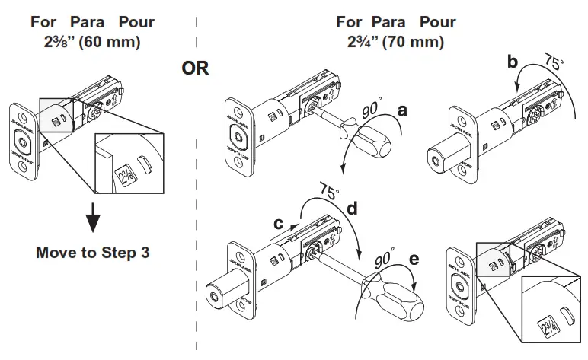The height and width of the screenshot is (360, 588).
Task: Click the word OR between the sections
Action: [x=195, y=68]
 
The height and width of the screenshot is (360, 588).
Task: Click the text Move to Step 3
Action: [x=92, y=252]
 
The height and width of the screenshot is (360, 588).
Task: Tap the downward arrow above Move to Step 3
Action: [x=92, y=218]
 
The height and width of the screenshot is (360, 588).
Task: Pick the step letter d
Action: [x=352, y=205]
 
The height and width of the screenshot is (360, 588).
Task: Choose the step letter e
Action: [x=414, y=260]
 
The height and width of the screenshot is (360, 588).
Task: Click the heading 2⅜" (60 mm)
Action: [x=92, y=42]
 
